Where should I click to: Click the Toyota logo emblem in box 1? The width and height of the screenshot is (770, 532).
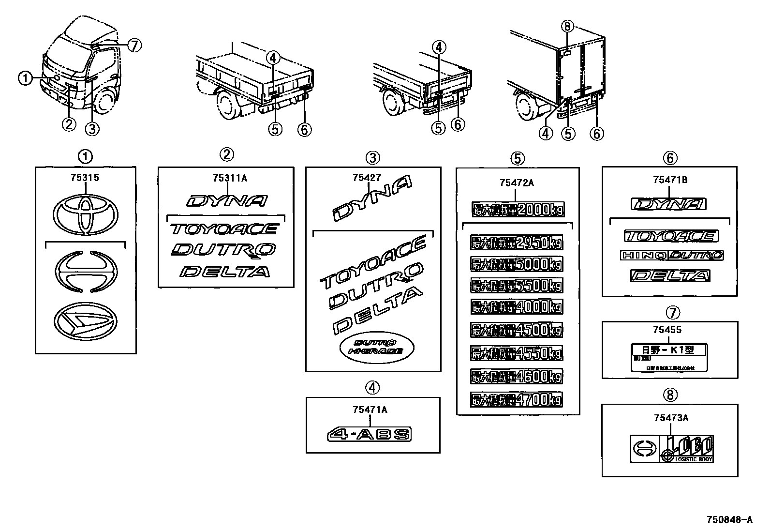[85, 216]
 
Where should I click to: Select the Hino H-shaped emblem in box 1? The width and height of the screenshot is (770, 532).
[85, 273]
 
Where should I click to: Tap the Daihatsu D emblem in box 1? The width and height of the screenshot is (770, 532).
[85, 321]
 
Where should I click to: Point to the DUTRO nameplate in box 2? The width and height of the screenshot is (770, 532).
[223, 250]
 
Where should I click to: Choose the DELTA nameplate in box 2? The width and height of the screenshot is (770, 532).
[224, 272]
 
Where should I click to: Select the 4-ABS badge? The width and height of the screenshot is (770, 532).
[369, 434]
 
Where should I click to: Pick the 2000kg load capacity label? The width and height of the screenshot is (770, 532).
[518, 210]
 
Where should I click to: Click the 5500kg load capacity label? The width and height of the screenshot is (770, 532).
[517, 286]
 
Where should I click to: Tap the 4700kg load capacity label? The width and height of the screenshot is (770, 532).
[517, 400]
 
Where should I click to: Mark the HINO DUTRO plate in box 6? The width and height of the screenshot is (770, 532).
[671, 255]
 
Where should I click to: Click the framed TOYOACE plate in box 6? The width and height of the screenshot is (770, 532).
[671, 236]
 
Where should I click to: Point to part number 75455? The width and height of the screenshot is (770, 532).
[667, 330]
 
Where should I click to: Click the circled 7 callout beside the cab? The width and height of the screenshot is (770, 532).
[134, 46]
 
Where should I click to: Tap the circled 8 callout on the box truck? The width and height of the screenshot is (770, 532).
[568, 26]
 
